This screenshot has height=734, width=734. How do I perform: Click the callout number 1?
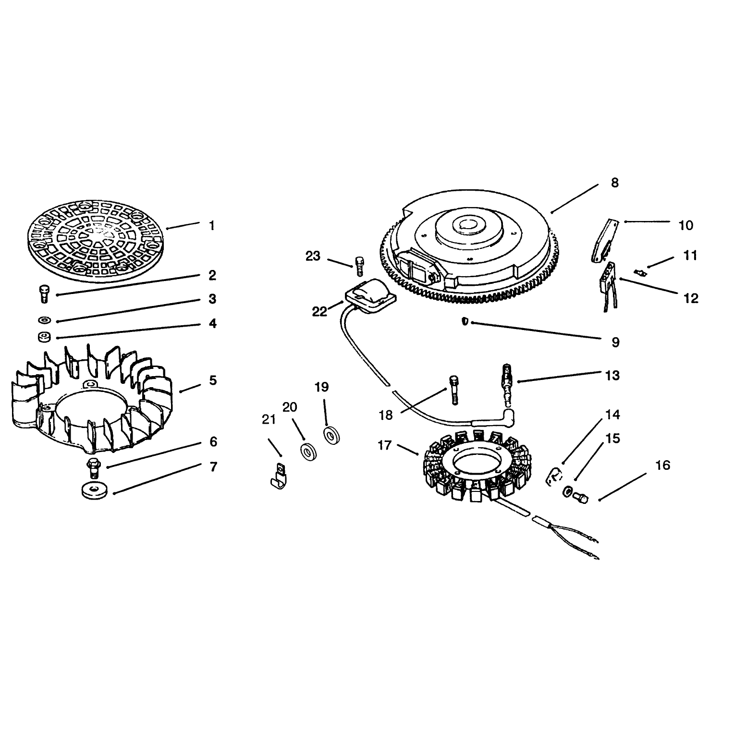212,226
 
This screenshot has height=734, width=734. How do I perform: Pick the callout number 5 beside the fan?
212,380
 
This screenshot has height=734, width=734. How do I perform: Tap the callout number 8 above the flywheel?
615,183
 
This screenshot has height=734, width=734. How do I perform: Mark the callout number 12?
691,298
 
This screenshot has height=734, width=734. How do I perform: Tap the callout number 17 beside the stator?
384,445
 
